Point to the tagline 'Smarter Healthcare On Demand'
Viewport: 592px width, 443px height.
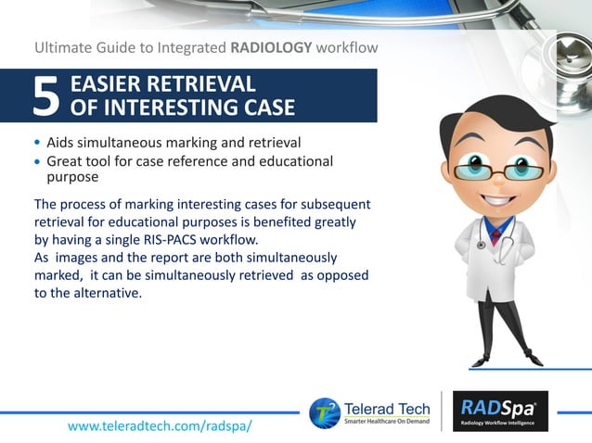387,422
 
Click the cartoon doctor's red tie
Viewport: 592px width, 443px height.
497,233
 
